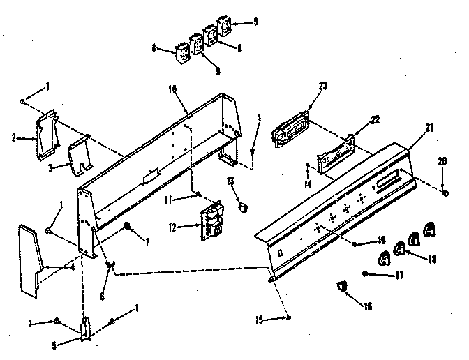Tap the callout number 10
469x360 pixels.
[173, 89]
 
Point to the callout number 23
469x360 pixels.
[323, 87]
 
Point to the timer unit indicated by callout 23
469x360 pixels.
[288, 133]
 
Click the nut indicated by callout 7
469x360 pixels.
[128, 225]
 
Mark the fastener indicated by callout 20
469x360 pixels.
[445, 190]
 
